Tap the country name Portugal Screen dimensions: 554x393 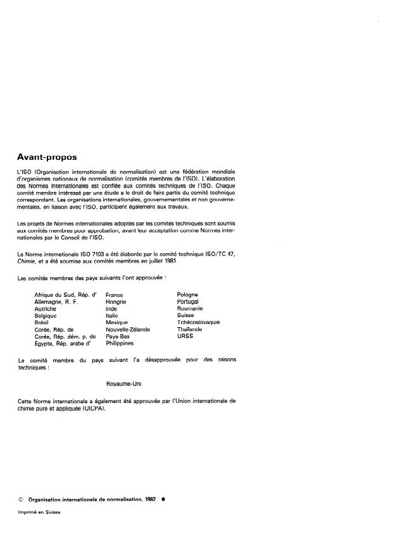[x=188, y=301]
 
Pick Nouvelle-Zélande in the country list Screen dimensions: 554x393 [x=127, y=329]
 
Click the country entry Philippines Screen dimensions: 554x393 [x=120, y=343]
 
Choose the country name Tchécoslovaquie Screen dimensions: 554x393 [x=199, y=322]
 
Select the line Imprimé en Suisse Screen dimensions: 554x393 [x=39, y=512]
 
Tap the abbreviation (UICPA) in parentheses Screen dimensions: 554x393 [x=99, y=408]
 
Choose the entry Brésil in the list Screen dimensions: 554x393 [x=42, y=322]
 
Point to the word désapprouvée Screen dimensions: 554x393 [x=166, y=360]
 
